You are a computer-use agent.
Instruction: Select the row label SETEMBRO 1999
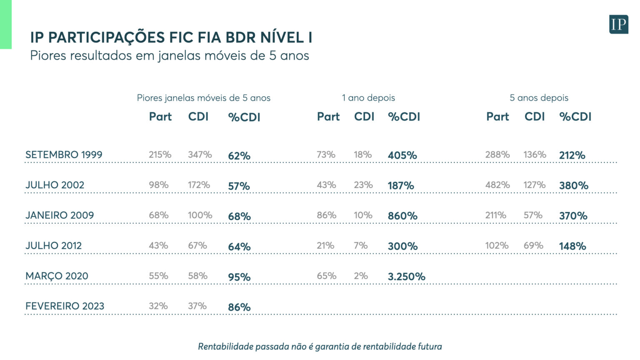[64, 155]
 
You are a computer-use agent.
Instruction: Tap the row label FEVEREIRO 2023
[65, 306]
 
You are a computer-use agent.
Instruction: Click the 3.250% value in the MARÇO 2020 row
[406, 277]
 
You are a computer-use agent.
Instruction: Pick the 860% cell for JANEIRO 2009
[402, 216]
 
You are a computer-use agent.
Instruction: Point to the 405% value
[402, 155]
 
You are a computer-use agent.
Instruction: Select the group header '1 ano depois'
[368, 98]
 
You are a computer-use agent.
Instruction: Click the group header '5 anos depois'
[539, 98]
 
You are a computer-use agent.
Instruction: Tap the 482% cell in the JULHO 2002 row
[497, 185]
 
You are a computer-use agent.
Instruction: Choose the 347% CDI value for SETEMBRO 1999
[200, 155]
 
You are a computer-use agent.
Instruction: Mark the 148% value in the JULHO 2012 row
[572, 246]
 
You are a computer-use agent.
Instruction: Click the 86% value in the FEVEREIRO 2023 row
[239, 307]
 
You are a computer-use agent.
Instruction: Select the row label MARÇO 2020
[57, 276]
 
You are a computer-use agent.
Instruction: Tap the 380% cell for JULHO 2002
[573, 185]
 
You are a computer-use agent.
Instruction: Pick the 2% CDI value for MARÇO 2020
[361, 276]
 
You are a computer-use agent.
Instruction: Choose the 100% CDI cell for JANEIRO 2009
[200, 215]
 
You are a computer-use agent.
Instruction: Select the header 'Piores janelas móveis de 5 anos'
[204, 98]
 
